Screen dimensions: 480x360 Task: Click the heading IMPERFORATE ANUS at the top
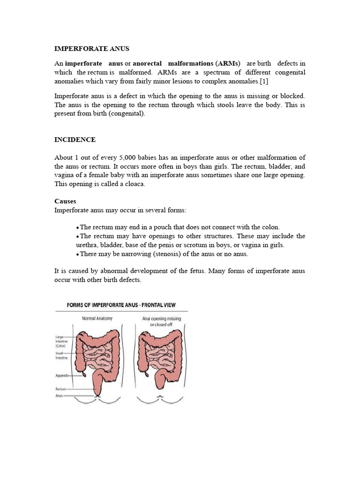(x=92, y=48)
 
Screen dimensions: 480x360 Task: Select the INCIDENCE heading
(x=75, y=140)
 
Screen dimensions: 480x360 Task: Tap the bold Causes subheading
(x=65, y=201)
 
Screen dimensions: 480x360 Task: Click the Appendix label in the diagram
(x=62, y=375)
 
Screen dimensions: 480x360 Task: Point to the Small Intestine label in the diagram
(x=61, y=355)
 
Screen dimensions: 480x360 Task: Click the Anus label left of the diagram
(x=60, y=396)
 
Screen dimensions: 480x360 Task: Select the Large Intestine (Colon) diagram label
(x=61, y=339)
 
